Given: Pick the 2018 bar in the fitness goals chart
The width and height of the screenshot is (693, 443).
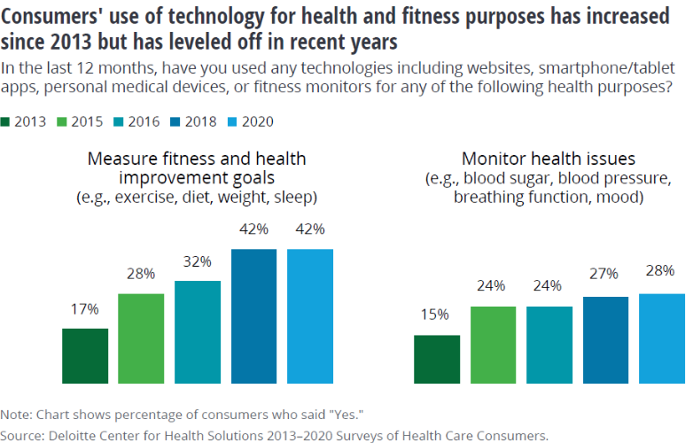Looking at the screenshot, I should (253, 316).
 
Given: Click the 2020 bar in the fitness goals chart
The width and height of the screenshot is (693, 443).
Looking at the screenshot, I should (310, 316).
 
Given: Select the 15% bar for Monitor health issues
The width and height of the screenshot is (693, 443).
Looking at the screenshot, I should (437, 360).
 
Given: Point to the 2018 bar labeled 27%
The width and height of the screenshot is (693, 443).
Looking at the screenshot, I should (605, 340).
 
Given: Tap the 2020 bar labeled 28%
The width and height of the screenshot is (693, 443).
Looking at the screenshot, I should (661, 338).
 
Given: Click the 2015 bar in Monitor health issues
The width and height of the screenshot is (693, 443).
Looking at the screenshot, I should (493, 345).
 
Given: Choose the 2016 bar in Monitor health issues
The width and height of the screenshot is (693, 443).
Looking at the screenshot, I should (549, 345).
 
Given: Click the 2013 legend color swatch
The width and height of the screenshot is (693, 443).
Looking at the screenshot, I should (8, 122).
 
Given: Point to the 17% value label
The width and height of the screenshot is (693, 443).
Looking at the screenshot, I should (85, 309).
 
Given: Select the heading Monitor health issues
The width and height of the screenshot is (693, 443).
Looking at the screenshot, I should (549, 159).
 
